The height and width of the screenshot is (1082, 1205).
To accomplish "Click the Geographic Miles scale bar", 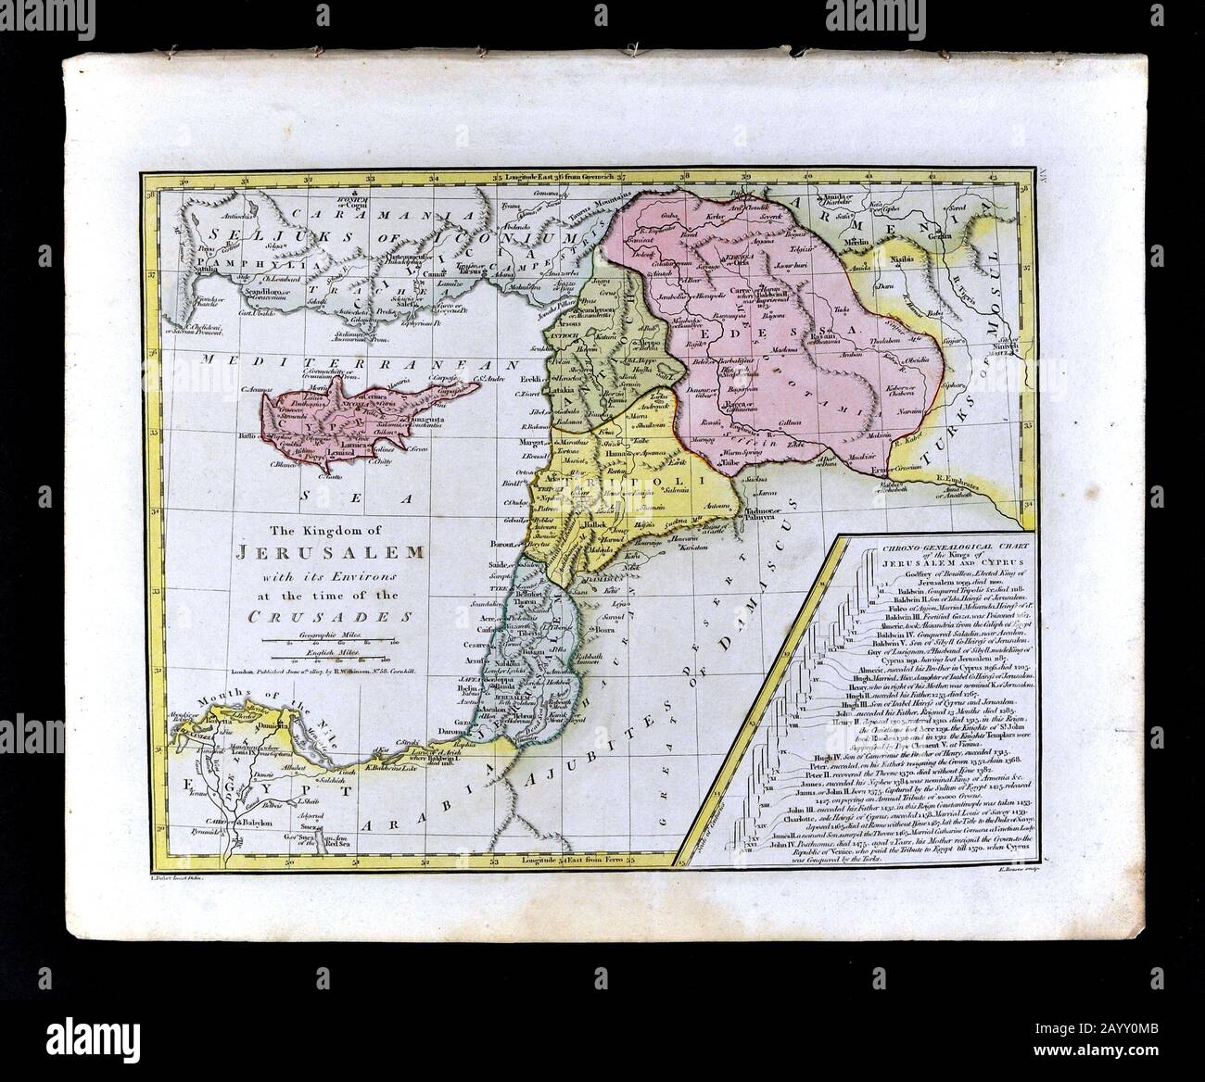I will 331,640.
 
